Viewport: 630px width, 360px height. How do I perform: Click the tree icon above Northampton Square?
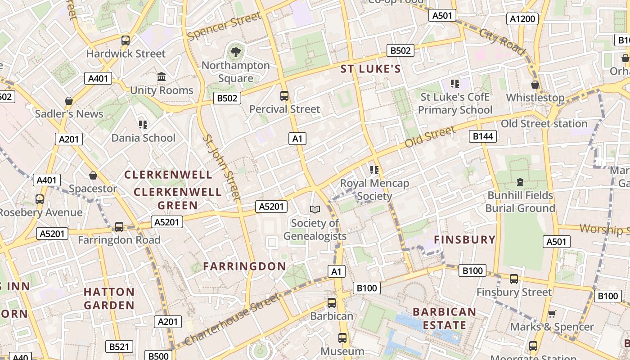click(235, 52)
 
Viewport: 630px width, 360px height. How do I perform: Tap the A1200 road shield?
click(522, 18)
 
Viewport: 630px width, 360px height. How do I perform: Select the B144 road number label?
click(482, 136)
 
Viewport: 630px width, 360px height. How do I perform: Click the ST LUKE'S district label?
click(370, 69)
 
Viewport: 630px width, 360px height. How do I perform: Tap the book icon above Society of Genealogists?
click(315, 209)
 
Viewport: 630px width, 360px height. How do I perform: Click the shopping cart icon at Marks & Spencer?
click(552, 314)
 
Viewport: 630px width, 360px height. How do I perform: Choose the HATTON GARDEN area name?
click(109, 298)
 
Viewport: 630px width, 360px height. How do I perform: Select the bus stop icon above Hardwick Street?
click(126, 40)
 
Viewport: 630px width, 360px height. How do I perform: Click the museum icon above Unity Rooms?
click(162, 77)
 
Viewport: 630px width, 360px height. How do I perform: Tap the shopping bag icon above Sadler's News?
click(69, 101)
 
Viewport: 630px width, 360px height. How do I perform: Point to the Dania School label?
click(143, 138)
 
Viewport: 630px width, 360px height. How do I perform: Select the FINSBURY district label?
click(464, 239)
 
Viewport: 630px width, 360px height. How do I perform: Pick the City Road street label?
click(502, 42)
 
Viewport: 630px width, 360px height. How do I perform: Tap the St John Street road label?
click(221, 166)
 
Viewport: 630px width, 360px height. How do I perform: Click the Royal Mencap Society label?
click(374, 189)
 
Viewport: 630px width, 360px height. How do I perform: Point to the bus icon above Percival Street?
click(284, 96)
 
